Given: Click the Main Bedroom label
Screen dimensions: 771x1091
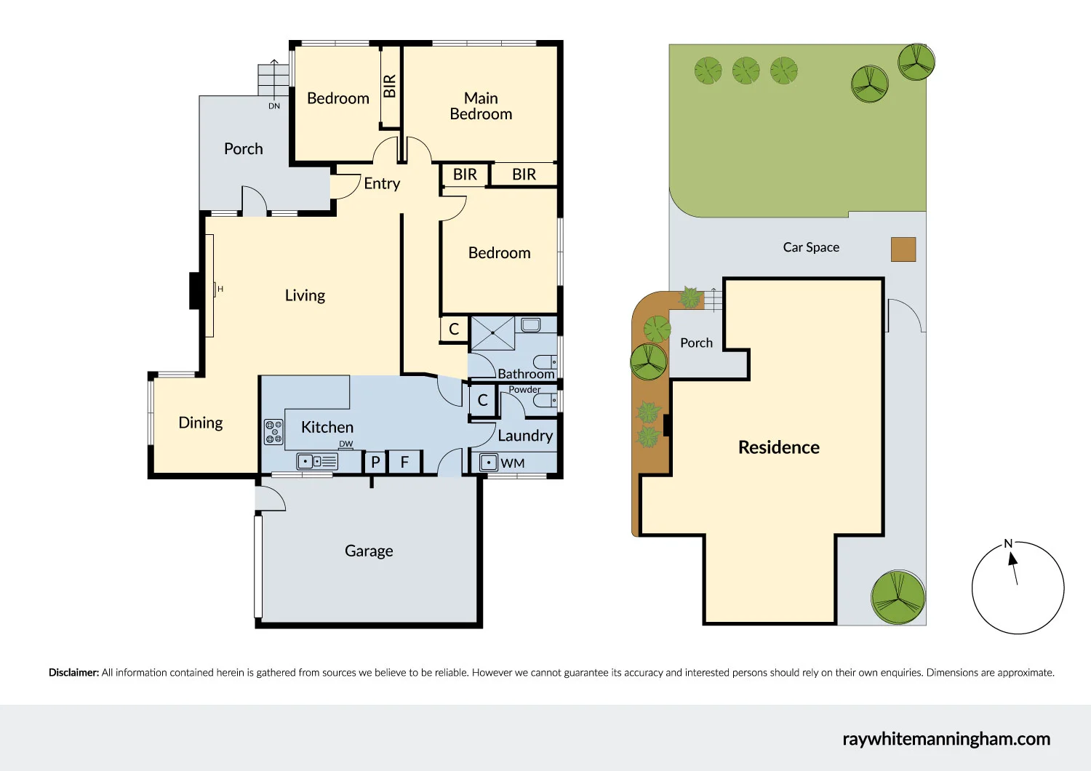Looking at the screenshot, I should pyautogui.click(x=481, y=106).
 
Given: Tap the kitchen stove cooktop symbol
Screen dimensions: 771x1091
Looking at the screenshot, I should pyautogui.click(x=273, y=431).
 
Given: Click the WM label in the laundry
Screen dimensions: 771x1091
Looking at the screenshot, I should pyautogui.click(x=513, y=463).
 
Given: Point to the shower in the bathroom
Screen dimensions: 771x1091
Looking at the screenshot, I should pyautogui.click(x=492, y=333).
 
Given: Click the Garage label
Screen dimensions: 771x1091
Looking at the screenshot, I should pyautogui.click(x=369, y=551).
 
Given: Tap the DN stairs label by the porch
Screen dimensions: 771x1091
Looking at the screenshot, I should pyautogui.click(x=274, y=106).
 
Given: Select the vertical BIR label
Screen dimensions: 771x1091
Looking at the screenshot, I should pyautogui.click(x=390, y=86).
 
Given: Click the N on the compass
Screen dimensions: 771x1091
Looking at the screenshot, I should pyautogui.click(x=1008, y=543).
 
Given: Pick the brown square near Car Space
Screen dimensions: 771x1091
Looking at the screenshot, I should pyautogui.click(x=903, y=249).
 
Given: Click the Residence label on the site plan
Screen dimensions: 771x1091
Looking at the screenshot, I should pyautogui.click(x=778, y=447).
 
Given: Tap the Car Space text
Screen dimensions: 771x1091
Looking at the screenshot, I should pyautogui.click(x=811, y=247).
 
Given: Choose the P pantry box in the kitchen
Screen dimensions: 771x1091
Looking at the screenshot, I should pyautogui.click(x=375, y=462).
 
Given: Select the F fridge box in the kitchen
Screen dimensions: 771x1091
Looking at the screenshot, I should pyautogui.click(x=404, y=462).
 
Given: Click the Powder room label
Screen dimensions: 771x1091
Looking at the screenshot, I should pyautogui.click(x=524, y=389).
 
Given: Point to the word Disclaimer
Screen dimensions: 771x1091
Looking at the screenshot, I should pyautogui.click(x=73, y=673).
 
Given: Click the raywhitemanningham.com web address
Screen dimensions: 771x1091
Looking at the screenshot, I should pyautogui.click(x=946, y=739).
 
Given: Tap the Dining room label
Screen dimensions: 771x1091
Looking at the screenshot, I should pyautogui.click(x=201, y=423).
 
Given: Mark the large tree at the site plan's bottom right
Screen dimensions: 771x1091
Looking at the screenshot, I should pyautogui.click(x=898, y=597).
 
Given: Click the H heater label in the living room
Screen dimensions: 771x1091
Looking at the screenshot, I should pyautogui.click(x=220, y=289).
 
